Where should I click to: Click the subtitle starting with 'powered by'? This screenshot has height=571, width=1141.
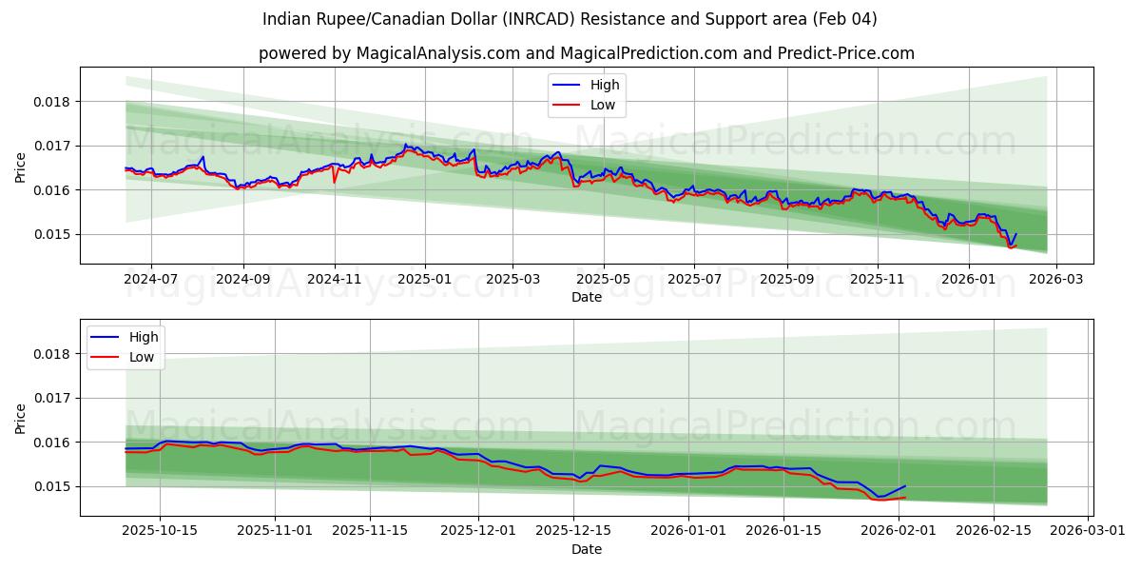[x=586, y=53]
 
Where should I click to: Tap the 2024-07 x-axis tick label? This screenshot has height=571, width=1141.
[x=151, y=278]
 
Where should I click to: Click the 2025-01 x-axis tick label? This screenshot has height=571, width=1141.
[x=424, y=278]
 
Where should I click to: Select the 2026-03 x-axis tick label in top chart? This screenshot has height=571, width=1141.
[x=1057, y=278]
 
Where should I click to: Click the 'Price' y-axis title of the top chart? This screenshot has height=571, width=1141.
[x=21, y=167]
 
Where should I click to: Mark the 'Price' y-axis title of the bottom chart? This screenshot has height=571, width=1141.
[x=21, y=419]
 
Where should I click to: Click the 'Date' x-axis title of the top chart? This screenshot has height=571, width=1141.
[x=586, y=297]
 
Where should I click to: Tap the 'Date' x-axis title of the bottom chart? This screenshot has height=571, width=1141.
[x=586, y=549]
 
